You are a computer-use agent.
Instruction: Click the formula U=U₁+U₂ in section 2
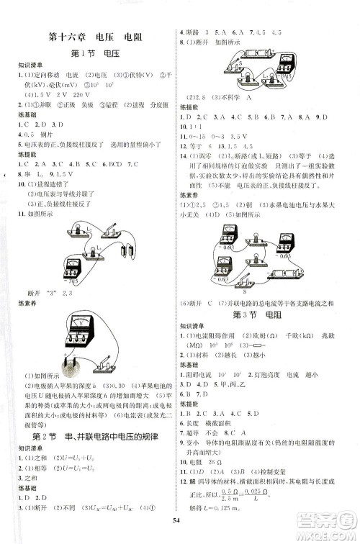(62, 439)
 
